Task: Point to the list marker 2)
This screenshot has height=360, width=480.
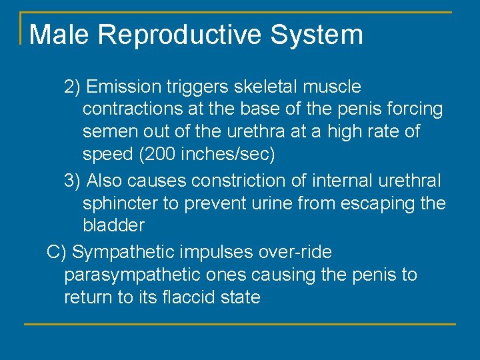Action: click(72, 87)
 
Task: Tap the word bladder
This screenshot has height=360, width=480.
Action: click(113, 226)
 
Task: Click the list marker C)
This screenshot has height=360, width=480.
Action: click(56, 252)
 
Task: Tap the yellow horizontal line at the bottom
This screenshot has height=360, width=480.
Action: click(240, 324)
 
